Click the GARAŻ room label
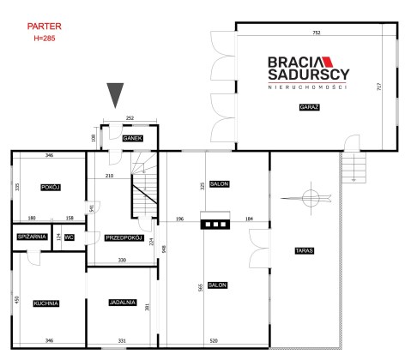(309, 107)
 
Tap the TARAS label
(305, 250)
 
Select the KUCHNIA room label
(46, 303)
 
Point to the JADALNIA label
(123, 303)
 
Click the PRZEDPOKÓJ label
(124, 237)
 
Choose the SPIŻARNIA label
(32, 237)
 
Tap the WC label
(70, 237)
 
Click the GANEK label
(132, 138)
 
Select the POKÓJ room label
(51, 188)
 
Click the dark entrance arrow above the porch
(115, 93)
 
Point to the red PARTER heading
(45, 27)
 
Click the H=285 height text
(45, 39)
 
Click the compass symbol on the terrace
(311, 198)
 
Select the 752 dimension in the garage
(317, 33)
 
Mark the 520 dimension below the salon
(214, 340)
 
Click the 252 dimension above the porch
(130, 117)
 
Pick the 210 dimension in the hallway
(109, 176)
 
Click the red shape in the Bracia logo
(328, 62)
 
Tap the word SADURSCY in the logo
(309, 75)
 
